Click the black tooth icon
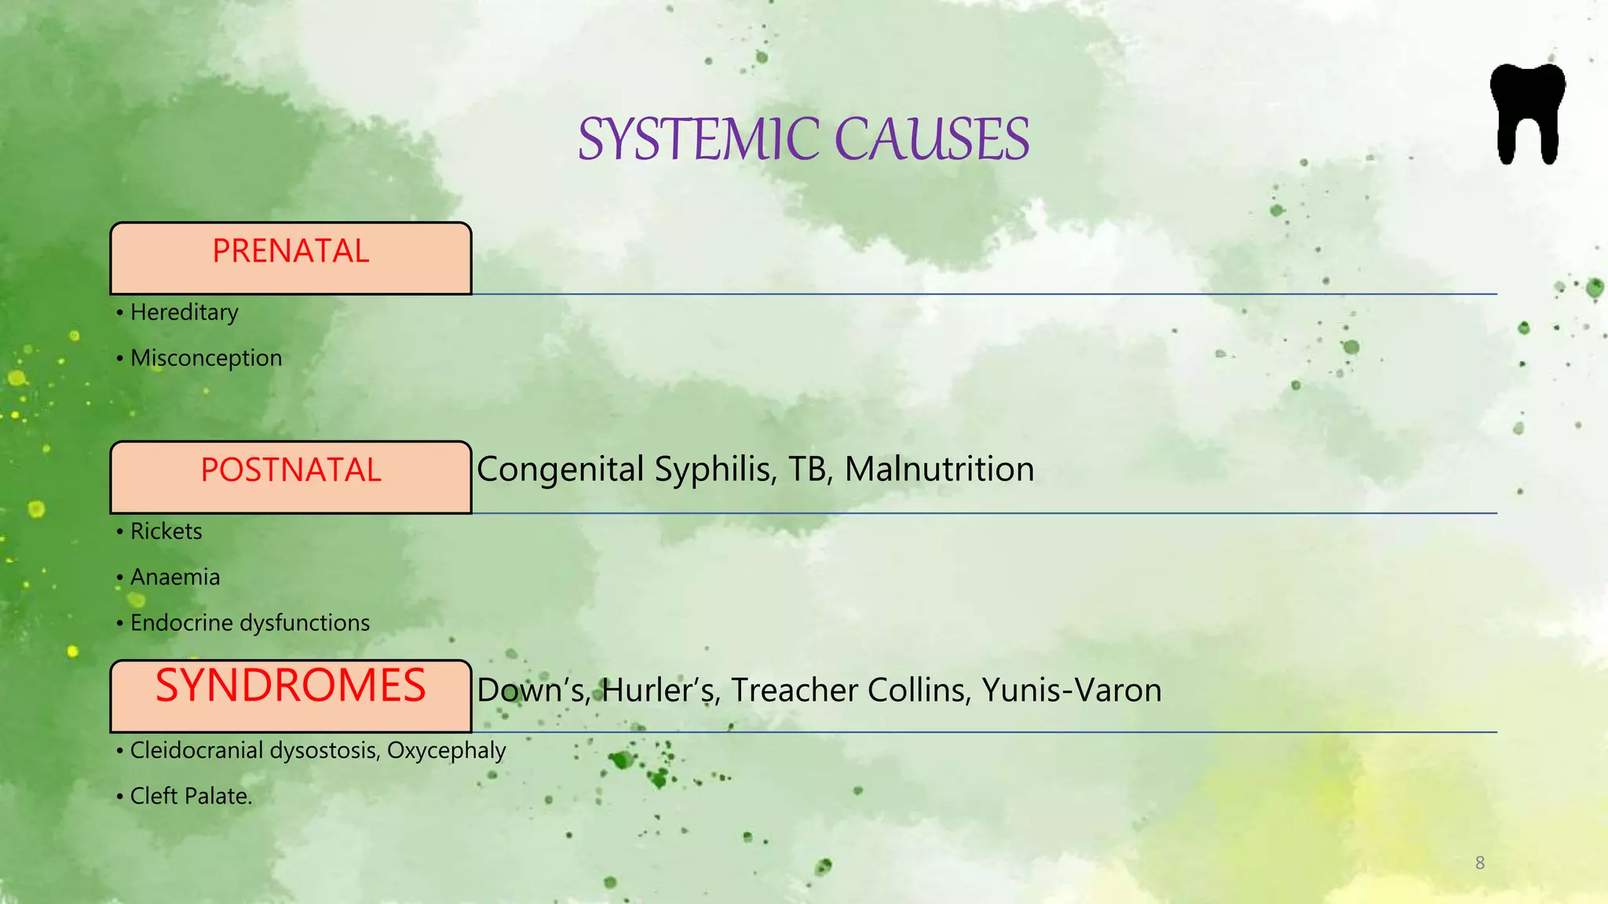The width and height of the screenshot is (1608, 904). (x=1527, y=114)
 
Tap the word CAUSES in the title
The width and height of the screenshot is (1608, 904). (x=931, y=140)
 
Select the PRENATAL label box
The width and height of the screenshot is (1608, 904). (x=291, y=258)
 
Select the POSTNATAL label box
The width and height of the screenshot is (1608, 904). (x=291, y=476)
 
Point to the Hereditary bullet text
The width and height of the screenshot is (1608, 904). (x=184, y=312)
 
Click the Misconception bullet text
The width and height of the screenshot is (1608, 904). (x=206, y=358)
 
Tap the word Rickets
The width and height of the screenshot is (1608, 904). (x=166, y=531)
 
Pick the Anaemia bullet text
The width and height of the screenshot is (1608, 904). (x=175, y=577)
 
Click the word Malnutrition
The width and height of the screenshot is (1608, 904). (x=939, y=469)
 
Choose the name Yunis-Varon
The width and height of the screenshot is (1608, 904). (x=1072, y=691)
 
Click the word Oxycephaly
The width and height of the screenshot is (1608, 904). (x=446, y=751)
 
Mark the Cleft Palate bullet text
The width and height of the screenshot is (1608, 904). (x=191, y=796)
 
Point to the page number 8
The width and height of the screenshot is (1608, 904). (x=1480, y=863)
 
